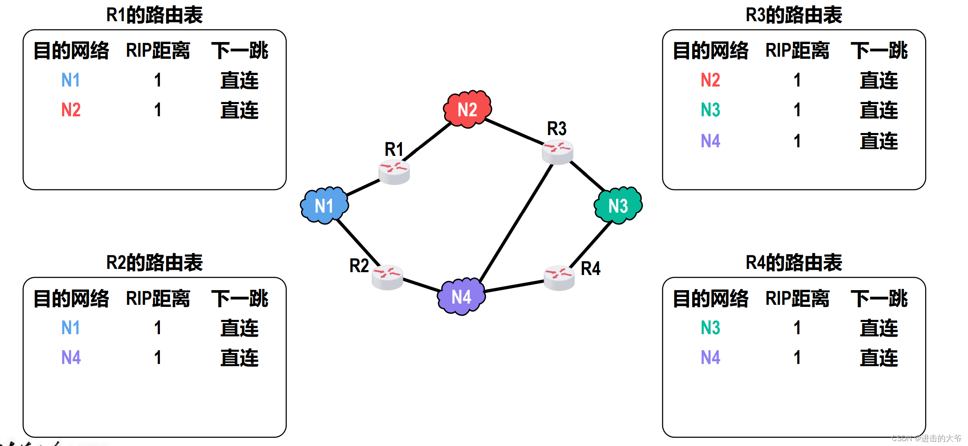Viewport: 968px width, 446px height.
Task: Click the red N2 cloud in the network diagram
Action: tap(467, 109)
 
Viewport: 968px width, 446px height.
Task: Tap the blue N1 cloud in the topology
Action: tap(324, 206)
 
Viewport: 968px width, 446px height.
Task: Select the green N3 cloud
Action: tap(618, 206)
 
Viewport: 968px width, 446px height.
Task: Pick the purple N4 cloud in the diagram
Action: tap(461, 297)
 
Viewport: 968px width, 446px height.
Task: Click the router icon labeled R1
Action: tap(394, 171)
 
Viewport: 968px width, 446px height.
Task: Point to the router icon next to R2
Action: tap(387, 277)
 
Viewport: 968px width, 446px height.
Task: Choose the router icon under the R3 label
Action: tap(557, 152)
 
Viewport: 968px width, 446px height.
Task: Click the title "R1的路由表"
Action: tap(154, 15)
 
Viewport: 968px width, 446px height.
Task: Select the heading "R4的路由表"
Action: tap(794, 262)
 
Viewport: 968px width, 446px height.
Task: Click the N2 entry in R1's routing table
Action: tap(71, 110)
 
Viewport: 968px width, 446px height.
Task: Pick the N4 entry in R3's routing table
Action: tap(710, 141)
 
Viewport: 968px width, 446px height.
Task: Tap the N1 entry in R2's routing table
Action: tap(71, 328)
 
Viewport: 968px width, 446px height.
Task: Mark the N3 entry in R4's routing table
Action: tap(710, 328)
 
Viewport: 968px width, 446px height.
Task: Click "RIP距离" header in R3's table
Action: tap(797, 51)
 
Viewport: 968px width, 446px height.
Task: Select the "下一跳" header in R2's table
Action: tap(240, 299)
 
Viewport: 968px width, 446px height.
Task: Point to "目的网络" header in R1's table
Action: tap(71, 51)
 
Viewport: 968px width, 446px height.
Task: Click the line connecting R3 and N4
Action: tap(516, 222)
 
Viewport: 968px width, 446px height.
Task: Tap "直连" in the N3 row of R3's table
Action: tap(879, 110)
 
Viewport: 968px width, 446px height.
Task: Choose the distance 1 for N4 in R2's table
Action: tap(158, 358)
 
